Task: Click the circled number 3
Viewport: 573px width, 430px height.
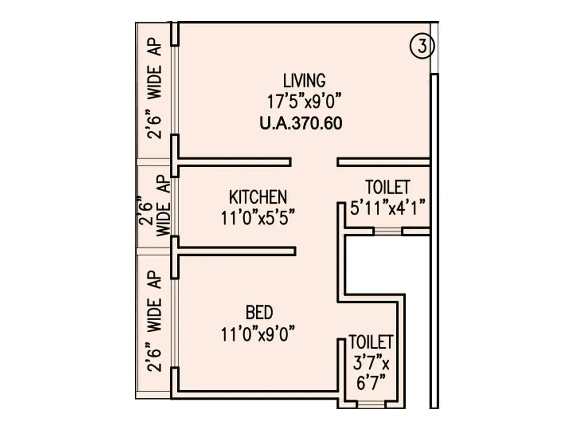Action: pos(422,46)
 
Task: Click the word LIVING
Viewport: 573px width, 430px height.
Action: pos(304,81)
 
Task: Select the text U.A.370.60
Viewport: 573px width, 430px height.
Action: pos(301,123)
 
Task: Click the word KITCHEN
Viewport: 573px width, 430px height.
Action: pos(258,197)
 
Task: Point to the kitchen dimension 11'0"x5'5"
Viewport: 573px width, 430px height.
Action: pos(258,218)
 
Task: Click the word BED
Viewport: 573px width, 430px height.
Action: pos(259,312)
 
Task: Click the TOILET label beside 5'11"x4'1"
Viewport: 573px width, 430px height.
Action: pos(387,187)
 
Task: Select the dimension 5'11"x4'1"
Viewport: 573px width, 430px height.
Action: pos(387,208)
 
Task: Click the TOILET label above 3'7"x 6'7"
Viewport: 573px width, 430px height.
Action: pos(371,342)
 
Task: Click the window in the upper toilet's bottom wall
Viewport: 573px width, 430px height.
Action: pos(388,231)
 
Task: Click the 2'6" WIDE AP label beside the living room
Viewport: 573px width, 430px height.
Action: pos(155,88)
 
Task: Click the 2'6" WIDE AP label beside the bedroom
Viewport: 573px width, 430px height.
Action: pos(155,321)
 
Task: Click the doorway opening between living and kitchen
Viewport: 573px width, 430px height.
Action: pos(314,162)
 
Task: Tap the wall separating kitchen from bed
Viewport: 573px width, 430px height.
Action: pos(236,251)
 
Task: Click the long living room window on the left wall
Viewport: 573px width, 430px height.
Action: pos(174,90)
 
